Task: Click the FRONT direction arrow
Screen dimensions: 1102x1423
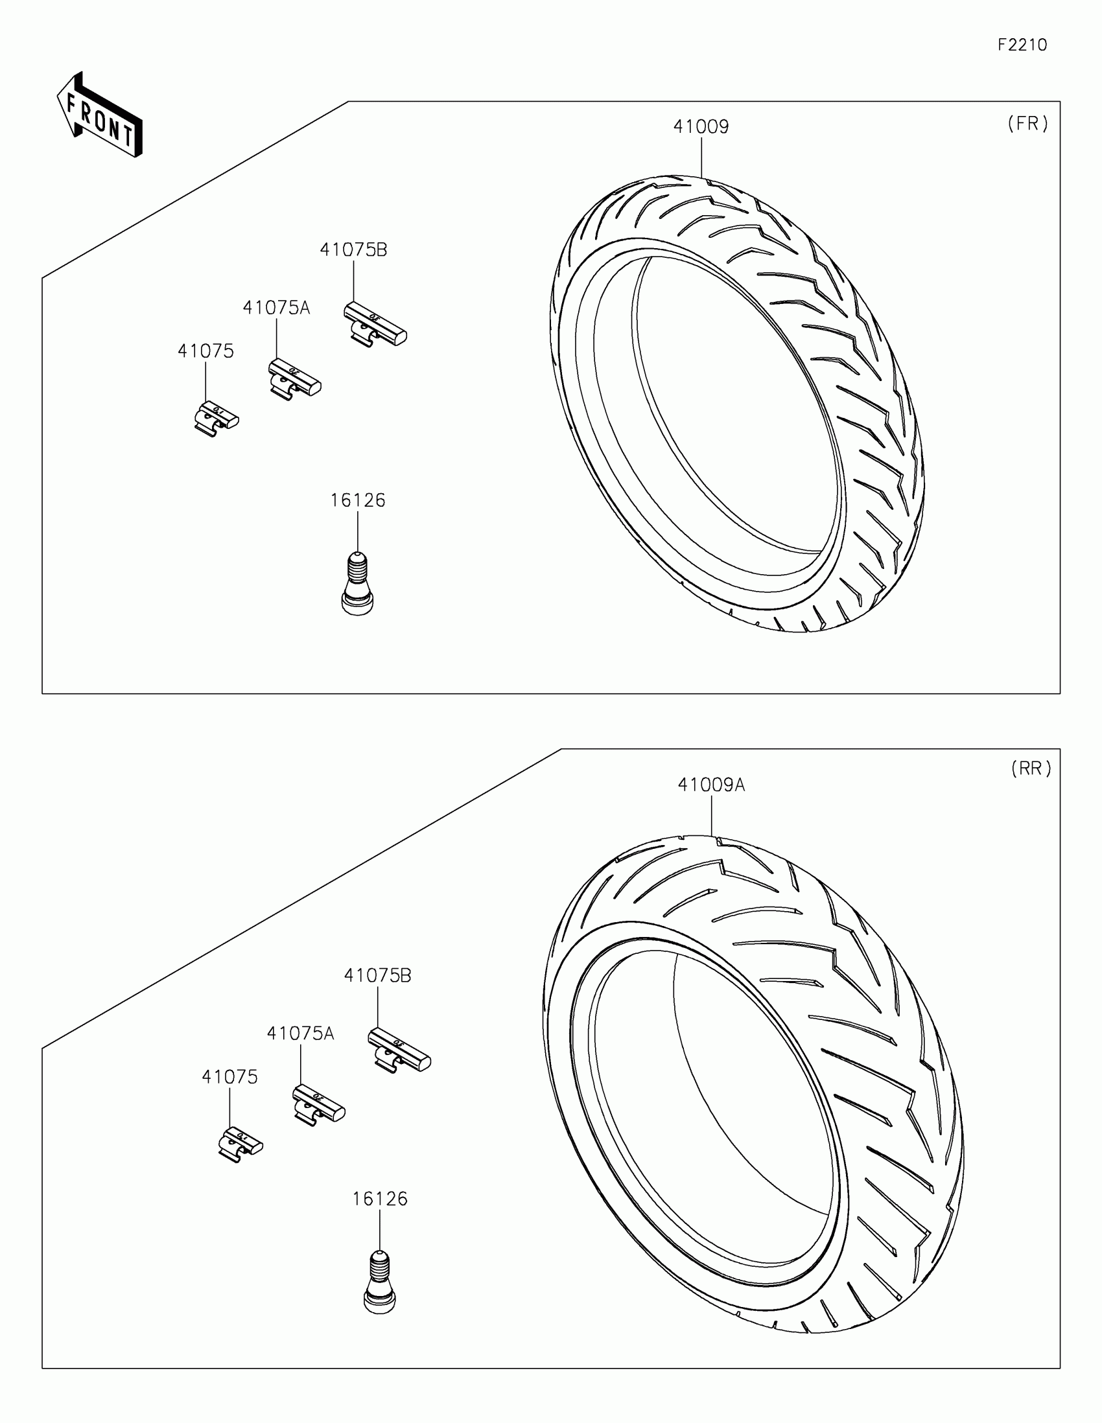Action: (x=99, y=115)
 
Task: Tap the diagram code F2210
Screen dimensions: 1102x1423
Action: (x=1022, y=45)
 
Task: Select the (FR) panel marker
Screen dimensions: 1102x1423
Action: (x=1027, y=124)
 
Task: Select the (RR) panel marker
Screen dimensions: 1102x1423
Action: (x=1031, y=769)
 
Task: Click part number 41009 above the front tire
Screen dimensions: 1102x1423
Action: (x=701, y=126)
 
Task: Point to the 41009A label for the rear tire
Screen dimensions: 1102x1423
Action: (x=711, y=785)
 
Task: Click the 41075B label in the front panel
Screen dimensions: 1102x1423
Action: (x=353, y=249)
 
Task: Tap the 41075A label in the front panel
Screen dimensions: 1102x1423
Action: (x=276, y=308)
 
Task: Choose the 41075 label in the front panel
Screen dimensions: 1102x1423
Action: (x=205, y=351)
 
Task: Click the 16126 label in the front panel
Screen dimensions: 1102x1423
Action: (x=357, y=500)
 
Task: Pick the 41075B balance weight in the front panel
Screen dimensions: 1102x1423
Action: (x=375, y=324)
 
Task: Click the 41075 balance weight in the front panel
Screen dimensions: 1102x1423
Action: (x=217, y=419)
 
